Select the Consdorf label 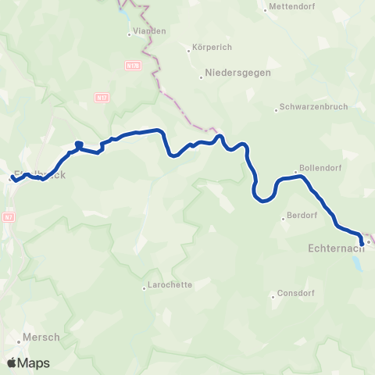[296, 295]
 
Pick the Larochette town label [170, 285]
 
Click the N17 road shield [102, 96]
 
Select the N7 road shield [9, 216]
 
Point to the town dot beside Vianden [130, 34]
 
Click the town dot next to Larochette [144, 287]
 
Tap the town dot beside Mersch [18, 341]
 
